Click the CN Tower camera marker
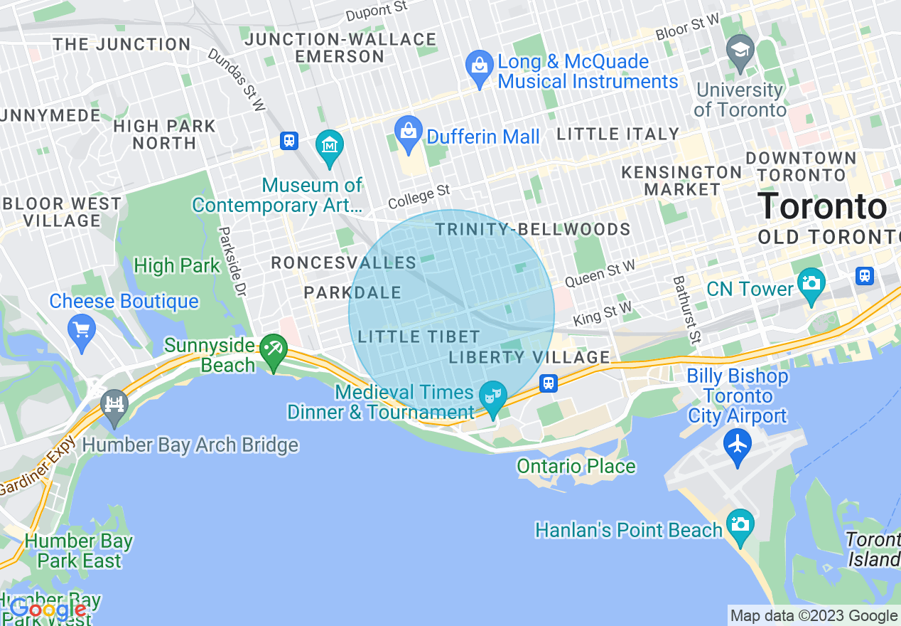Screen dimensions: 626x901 (x=810, y=282)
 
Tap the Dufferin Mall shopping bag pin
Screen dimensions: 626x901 (x=409, y=133)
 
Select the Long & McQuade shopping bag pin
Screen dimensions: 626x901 (x=480, y=68)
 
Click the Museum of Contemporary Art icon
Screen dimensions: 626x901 (x=330, y=147)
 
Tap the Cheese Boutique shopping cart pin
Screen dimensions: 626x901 (x=82, y=331)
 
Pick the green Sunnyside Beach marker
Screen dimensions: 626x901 (x=274, y=350)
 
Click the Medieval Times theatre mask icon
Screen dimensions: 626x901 (x=492, y=396)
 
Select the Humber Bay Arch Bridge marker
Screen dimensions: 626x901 (x=114, y=406)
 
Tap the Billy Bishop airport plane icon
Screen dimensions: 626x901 (x=738, y=445)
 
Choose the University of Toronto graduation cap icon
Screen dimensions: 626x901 (x=740, y=51)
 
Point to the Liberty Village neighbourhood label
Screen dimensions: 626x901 (x=529, y=357)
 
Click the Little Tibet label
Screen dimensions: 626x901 (x=419, y=336)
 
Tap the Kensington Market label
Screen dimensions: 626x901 (x=681, y=181)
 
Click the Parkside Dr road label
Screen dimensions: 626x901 (x=232, y=262)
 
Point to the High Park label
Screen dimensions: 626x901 (x=177, y=266)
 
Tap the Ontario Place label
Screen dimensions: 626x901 (x=576, y=467)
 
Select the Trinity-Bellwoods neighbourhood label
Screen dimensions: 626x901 (x=532, y=229)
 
